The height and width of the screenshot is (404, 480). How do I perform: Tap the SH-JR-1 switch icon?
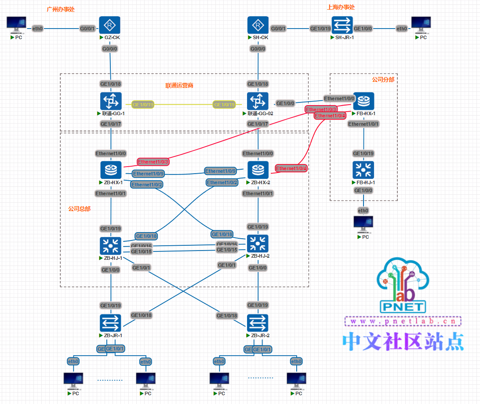click(x=342, y=26)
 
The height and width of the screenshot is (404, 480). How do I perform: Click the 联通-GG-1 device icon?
click(x=110, y=102)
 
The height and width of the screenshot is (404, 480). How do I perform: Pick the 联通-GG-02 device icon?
click(x=258, y=102)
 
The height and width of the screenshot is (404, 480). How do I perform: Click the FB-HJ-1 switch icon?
click(x=363, y=171)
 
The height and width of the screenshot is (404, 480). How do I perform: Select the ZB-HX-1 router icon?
click(x=111, y=170)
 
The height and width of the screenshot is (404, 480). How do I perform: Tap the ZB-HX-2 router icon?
click(x=258, y=170)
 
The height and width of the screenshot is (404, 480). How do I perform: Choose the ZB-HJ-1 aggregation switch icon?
click(x=111, y=246)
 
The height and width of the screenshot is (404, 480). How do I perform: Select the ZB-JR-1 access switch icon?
click(x=110, y=324)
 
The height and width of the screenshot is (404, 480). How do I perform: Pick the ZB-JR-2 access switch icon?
click(x=258, y=324)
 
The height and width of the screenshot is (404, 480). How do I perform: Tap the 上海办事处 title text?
click(x=341, y=7)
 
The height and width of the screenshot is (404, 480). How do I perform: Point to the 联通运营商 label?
click(x=179, y=85)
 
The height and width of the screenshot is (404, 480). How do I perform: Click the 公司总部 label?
click(x=79, y=209)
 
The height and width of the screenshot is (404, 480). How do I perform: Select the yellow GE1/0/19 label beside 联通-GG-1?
click(x=143, y=105)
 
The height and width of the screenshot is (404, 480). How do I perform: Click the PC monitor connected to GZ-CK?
click(x=16, y=25)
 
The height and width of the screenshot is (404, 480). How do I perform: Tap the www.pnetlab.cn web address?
click(x=403, y=321)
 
